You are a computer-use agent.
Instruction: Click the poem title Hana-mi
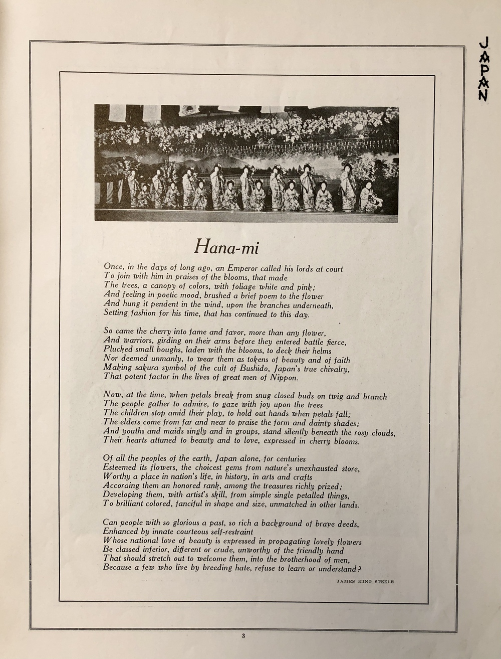point(227,247)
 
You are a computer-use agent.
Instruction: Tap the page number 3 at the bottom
point(243,637)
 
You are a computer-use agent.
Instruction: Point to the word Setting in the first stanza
point(117,314)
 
